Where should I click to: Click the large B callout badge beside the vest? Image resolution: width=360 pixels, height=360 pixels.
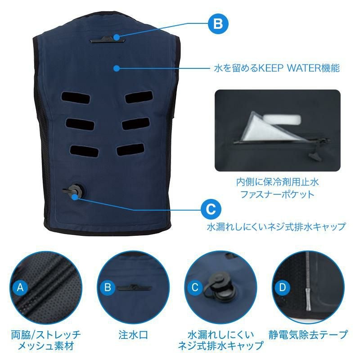[218, 24]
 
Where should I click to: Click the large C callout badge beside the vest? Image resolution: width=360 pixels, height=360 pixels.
[211, 209]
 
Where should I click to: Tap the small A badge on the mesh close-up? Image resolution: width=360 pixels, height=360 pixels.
[20, 287]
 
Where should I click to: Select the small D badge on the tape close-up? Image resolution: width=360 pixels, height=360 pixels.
[283, 287]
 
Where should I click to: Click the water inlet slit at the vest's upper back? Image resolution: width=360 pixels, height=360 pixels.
[108, 40]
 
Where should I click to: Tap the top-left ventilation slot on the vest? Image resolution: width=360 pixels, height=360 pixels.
[76, 98]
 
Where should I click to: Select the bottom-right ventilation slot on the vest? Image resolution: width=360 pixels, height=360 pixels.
[130, 149]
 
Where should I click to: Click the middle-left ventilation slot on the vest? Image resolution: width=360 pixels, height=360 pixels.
[80, 124]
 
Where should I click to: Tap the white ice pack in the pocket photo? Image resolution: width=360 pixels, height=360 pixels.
[282, 119]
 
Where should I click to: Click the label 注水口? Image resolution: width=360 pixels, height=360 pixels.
[133, 335]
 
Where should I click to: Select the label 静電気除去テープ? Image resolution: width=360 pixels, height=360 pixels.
[308, 335]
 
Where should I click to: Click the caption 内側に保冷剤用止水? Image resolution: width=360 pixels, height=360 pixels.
[277, 182]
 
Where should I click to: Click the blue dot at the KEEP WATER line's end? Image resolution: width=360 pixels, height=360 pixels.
[117, 68]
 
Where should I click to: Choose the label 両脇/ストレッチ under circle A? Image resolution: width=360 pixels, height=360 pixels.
[46, 335]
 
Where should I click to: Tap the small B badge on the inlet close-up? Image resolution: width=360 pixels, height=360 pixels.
[108, 287]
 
